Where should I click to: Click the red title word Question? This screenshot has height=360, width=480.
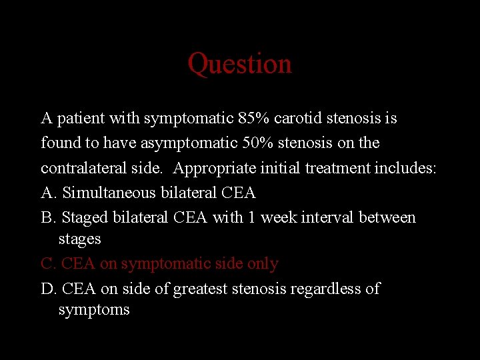pos(239,64)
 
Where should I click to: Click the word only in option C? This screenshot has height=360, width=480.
pos(263,264)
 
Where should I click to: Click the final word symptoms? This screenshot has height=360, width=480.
pos(94,310)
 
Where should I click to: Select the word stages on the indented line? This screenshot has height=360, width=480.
pos(79,239)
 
